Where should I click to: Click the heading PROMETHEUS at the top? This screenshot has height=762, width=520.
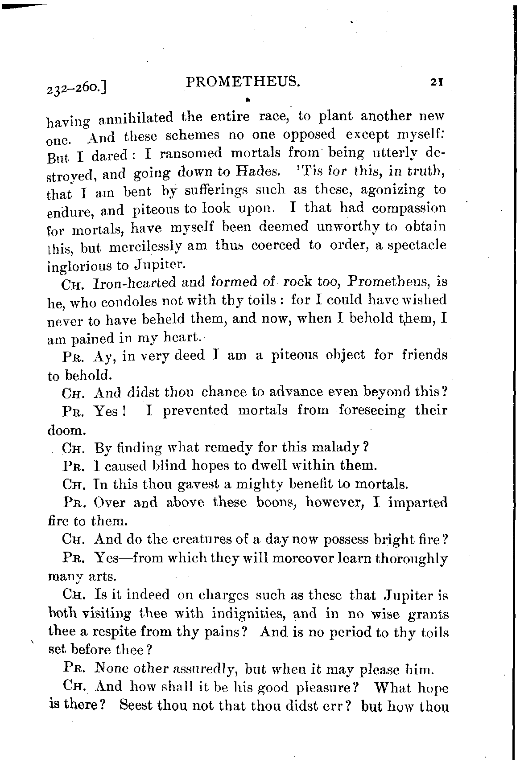242,82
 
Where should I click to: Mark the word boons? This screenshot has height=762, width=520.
278,503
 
